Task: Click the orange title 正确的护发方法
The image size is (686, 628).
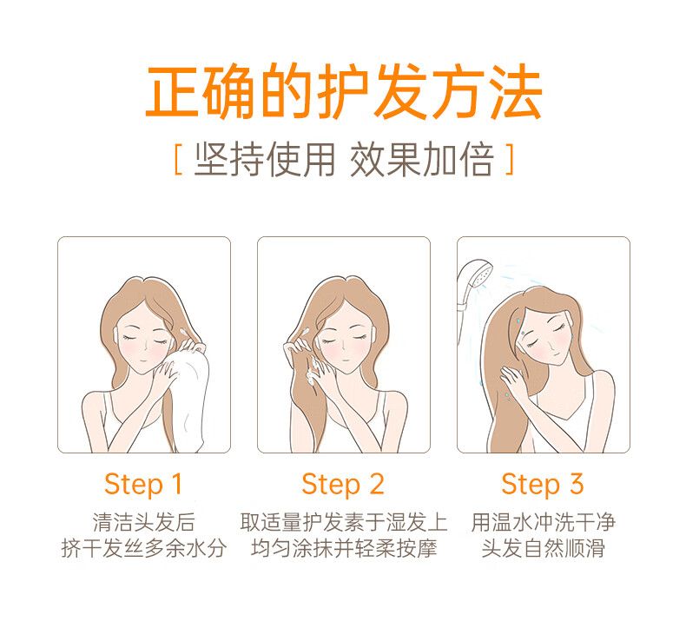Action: (344, 91)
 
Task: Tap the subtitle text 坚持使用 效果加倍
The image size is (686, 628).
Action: (344, 159)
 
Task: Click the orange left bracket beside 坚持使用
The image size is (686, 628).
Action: (178, 159)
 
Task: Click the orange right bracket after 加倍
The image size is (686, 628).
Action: (509, 159)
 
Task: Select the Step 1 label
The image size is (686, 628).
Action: (143, 485)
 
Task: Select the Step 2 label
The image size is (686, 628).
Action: (343, 485)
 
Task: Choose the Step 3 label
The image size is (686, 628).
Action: (543, 485)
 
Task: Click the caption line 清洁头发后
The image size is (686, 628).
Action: (143, 522)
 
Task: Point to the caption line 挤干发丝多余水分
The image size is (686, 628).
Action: (144, 548)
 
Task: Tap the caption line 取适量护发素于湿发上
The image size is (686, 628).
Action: (344, 522)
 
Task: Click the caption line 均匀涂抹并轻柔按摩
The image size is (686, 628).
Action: (344, 548)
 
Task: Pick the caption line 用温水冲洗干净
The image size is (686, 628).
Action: (544, 522)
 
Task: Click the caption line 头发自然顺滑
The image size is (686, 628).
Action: (544, 548)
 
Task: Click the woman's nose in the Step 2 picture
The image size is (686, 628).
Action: (345, 346)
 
